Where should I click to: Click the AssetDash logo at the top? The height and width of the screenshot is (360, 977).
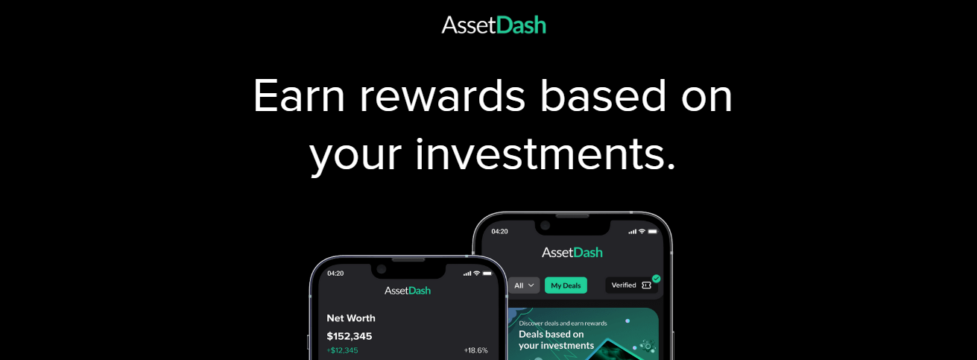pos(494,25)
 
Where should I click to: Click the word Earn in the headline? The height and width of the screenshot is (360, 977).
pos(299,95)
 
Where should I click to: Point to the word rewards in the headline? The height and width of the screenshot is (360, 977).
pos(442,95)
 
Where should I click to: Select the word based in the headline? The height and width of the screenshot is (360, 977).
pos(603,95)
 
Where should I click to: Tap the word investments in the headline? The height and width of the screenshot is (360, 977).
pos(546,154)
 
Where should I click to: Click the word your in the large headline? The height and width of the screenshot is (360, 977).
pos(355,157)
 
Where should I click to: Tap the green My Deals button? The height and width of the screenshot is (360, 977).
pos(566,285)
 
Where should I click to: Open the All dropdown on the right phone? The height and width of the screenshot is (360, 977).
pos(524,285)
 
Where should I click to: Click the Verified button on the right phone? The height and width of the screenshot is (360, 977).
pos(631,285)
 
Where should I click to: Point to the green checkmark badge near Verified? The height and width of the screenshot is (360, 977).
pos(656,279)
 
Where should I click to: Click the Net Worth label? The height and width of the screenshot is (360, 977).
pos(351,318)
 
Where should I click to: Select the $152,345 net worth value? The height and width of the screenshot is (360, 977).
pos(350,336)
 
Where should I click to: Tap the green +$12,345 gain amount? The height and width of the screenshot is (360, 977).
pos(342,350)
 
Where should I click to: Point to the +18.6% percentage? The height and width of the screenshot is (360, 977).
pos(476,350)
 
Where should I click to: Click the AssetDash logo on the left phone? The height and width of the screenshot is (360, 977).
pos(408,291)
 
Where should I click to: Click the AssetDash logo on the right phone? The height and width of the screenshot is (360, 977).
pos(572,252)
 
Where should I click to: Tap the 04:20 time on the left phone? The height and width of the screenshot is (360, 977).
pos(335,274)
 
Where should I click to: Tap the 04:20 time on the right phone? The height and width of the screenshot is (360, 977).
pos(499,232)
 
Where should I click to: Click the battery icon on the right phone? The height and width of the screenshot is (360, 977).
pos(653,232)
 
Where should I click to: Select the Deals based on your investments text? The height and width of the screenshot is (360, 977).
pos(556,340)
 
